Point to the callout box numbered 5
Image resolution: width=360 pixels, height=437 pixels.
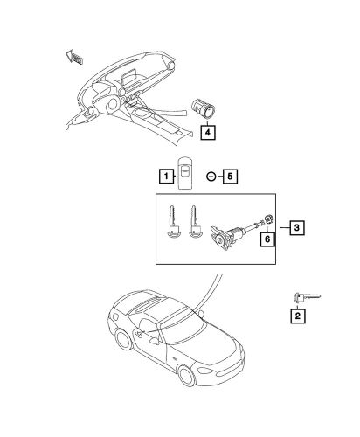point(230,176)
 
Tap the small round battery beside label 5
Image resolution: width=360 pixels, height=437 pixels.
point(211,176)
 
